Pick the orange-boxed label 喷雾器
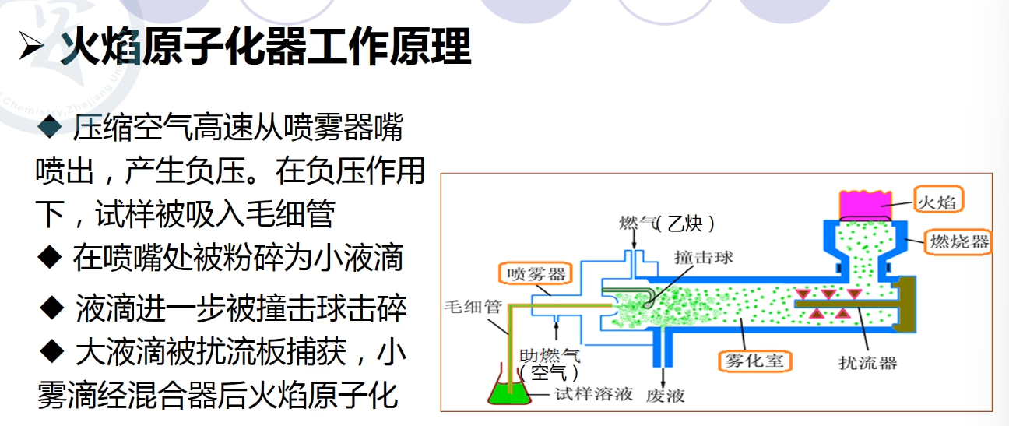point(535,273)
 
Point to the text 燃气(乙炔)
point(666,224)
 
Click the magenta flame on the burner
point(864,203)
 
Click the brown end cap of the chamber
point(905,309)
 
